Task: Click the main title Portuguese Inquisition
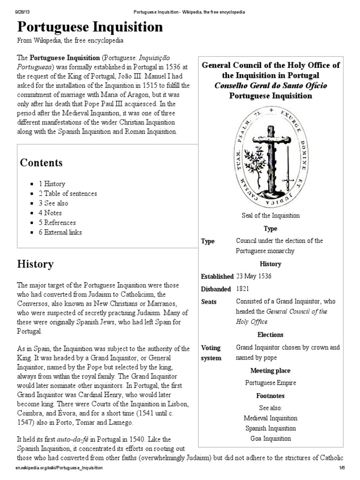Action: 90,27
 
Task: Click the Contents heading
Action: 41,163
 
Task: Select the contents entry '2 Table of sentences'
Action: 67,194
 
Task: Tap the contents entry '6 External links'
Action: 60,232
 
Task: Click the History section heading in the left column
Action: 35,264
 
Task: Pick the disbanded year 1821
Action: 243,289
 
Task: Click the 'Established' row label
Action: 217,277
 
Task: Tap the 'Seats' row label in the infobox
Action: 209,302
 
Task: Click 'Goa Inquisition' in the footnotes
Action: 270,439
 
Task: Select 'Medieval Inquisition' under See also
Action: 270,418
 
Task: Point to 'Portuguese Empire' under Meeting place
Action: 270,382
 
